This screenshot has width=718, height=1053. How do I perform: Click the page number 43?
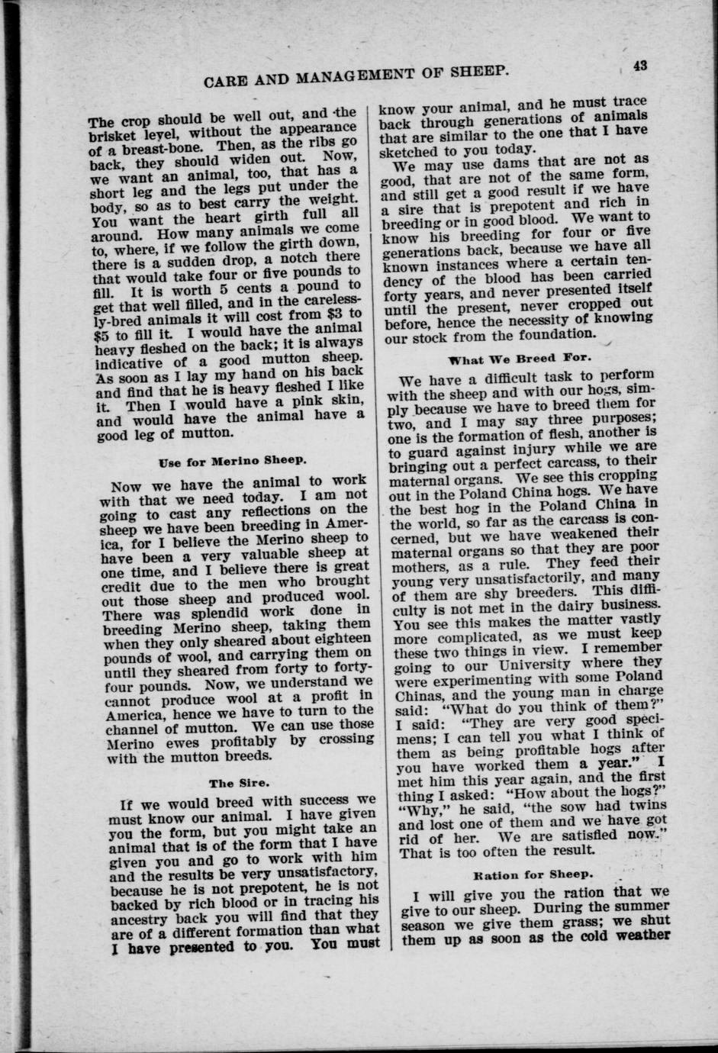coord(639,66)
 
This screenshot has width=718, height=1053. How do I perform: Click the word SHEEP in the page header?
coord(472,72)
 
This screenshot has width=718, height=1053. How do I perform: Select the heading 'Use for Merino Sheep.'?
coord(222,461)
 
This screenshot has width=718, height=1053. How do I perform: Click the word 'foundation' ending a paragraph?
coord(552,333)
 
